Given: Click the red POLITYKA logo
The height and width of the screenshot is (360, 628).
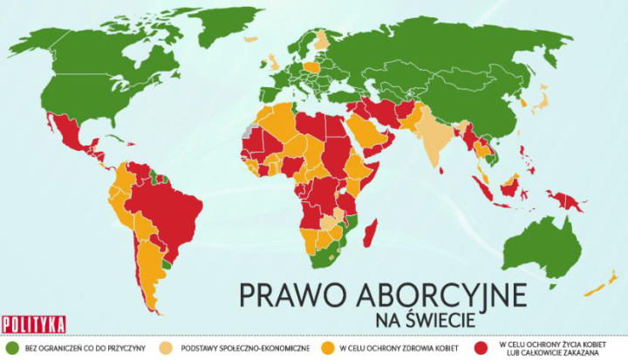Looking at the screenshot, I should pos(34,323).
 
